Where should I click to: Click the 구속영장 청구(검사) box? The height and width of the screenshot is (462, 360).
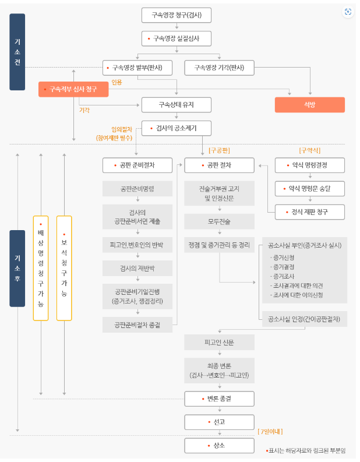176,15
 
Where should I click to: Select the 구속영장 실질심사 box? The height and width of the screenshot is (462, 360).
176,38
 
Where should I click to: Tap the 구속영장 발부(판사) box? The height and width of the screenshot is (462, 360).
138,68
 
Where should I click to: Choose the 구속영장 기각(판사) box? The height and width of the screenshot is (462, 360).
219,68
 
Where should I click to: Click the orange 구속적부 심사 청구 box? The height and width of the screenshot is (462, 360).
73,89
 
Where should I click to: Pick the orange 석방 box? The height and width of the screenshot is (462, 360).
309,105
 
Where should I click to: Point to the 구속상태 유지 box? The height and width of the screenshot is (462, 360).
176,105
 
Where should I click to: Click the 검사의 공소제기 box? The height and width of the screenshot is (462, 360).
176,128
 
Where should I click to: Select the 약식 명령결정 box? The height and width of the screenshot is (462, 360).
309,165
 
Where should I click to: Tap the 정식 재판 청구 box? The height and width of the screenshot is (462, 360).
309,212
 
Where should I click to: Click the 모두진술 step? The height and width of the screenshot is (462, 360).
220,221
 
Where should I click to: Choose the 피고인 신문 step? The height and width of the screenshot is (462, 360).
220,341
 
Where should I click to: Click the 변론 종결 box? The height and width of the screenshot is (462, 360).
220,399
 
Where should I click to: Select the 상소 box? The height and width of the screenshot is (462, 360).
220,446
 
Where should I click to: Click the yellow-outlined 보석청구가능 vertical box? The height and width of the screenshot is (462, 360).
64,268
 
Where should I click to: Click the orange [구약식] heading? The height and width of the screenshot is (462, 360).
309,150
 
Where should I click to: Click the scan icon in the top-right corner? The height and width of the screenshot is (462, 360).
348,12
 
